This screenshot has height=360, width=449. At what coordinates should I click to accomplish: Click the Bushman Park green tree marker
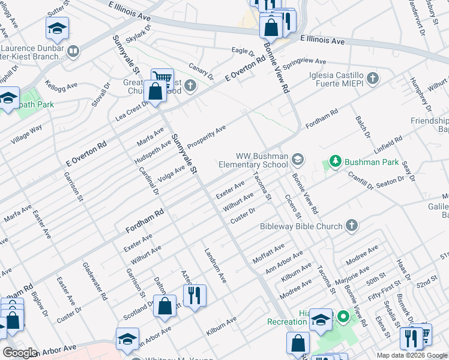tap(334, 161)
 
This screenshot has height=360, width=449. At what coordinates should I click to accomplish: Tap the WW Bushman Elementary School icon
tap(297, 160)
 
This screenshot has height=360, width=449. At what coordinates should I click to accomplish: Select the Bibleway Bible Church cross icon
tap(351, 226)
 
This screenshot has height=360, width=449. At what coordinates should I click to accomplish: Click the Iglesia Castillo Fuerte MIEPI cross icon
tap(373, 78)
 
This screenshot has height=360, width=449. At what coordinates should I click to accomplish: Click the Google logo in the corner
tap(20, 353)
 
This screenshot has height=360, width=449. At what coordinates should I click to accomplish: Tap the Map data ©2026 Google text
tap(412, 355)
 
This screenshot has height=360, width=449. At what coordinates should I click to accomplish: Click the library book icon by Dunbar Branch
tap(73, 52)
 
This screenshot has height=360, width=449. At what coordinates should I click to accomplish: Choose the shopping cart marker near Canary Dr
tap(162, 77)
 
